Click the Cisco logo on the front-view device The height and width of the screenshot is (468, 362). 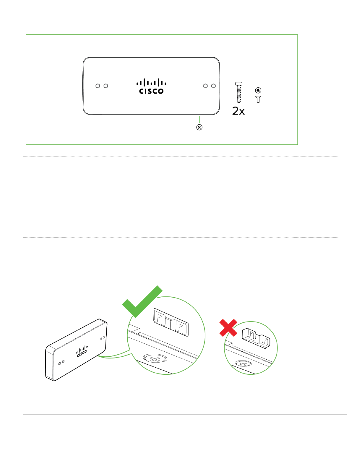click(x=151, y=86)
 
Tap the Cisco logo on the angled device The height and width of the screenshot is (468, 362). click(x=82, y=351)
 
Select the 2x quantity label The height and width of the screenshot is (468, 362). click(x=238, y=111)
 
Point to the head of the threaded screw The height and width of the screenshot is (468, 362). click(x=239, y=84)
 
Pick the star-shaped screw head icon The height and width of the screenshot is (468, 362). click(x=258, y=90)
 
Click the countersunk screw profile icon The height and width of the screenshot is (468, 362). click(x=258, y=99)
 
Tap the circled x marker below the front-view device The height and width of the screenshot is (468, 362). click(x=199, y=128)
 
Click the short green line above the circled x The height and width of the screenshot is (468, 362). click(x=199, y=120)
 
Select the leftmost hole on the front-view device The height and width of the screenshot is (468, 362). click(x=98, y=86)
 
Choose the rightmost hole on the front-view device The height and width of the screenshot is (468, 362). click(x=214, y=86)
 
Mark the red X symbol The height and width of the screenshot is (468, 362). click(x=228, y=327)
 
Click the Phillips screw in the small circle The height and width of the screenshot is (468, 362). click(x=243, y=364)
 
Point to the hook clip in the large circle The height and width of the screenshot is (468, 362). click(x=171, y=322)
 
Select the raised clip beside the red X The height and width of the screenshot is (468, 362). click(x=256, y=337)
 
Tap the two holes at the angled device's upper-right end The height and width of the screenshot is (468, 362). click(x=102, y=337)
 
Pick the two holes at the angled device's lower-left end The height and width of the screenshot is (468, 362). click(x=61, y=362)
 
